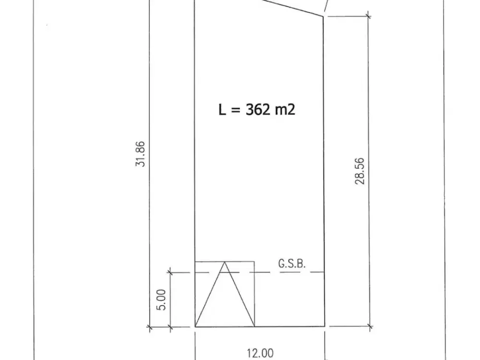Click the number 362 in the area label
[x=258, y=109]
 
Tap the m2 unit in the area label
[x=285, y=109]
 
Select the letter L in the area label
[x=222, y=109]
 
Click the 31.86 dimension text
[x=140, y=154]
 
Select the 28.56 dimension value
[x=360, y=171]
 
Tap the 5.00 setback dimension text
[x=161, y=300]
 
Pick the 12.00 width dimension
[x=260, y=353]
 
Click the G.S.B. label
[x=292, y=264]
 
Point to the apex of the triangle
[x=225, y=262]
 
